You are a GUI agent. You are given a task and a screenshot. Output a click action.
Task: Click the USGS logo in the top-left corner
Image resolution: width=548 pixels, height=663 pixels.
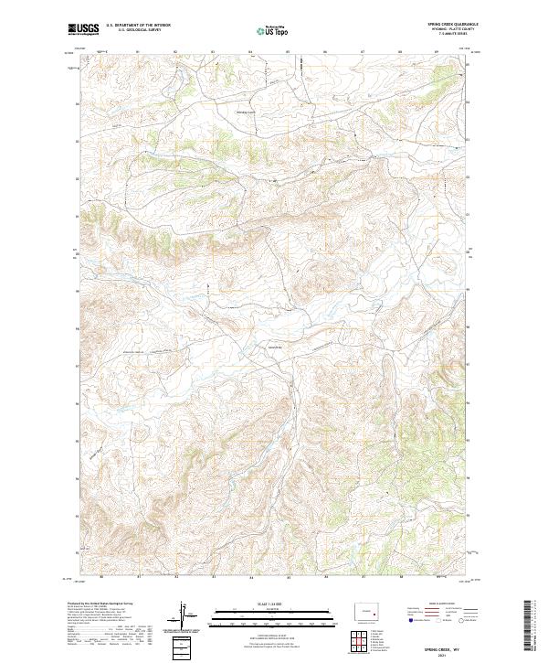tap(83, 30)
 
